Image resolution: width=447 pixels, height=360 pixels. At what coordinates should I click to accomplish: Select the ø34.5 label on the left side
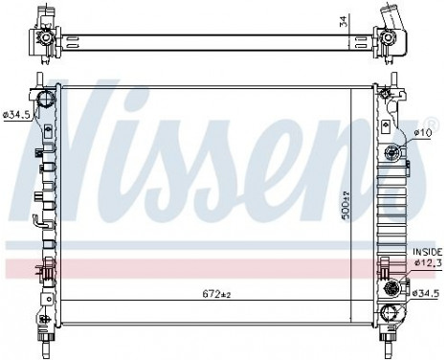pyautogui.click(x=16, y=115)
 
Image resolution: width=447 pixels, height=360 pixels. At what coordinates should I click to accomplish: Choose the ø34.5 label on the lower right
pyautogui.click(x=427, y=279)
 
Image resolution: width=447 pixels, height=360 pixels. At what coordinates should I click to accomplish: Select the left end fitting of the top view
pyautogui.click(x=43, y=38)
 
